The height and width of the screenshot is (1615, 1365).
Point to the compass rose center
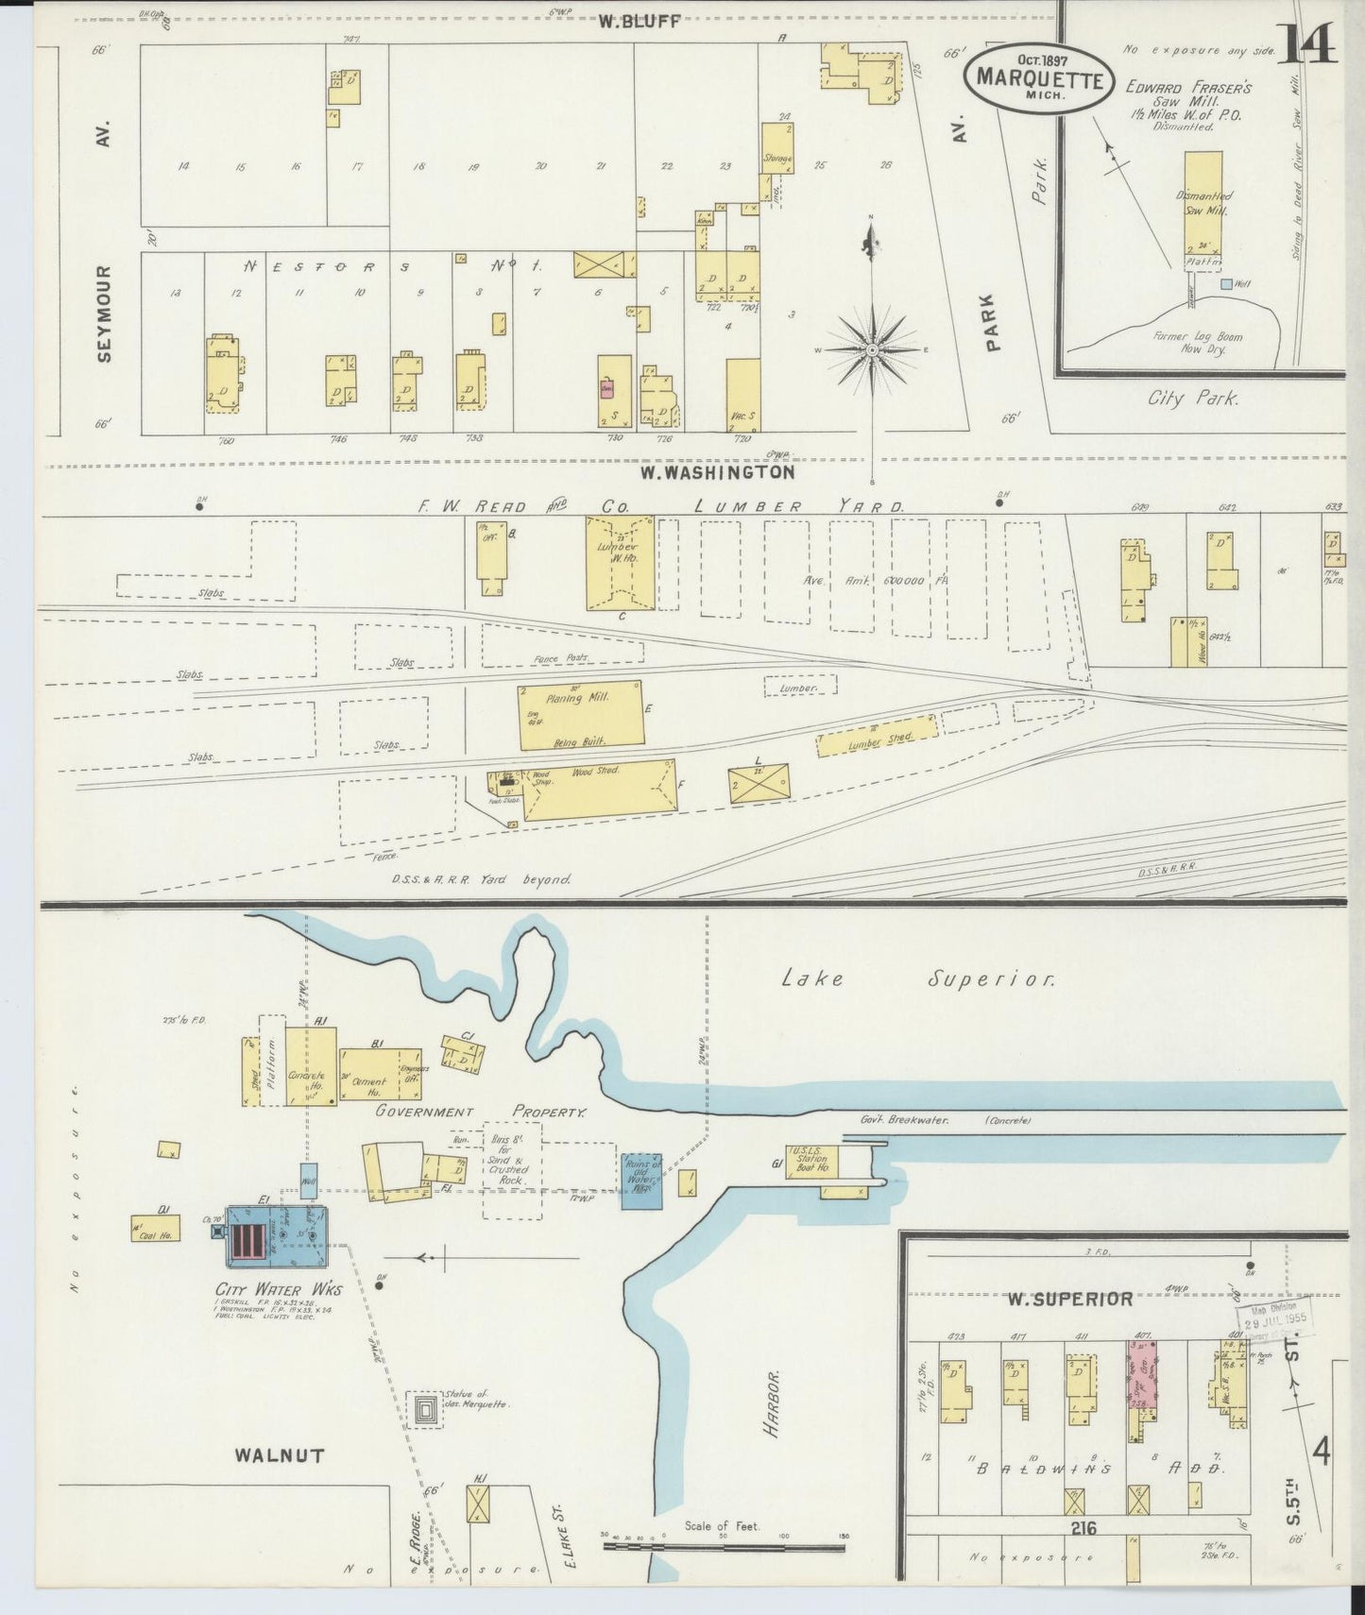pyautogui.click(x=872, y=349)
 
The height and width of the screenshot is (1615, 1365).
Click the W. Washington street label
pyautogui.click(x=716, y=471)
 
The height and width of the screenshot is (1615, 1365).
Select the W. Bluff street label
pyautogui.click(x=639, y=22)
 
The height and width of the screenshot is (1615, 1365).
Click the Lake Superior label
pyautogui.click(x=916, y=979)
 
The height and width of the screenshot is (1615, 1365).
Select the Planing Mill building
pyautogui.click(x=581, y=715)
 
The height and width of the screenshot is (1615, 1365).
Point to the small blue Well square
pyautogui.click(x=1225, y=283)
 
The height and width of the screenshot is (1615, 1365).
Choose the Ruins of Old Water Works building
pyautogui.click(x=641, y=1180)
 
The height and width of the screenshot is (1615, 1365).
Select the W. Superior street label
pyautogui.click(x=1068, y=1300)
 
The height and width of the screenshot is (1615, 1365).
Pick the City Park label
pyautogui.click(x=1193, y=399)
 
